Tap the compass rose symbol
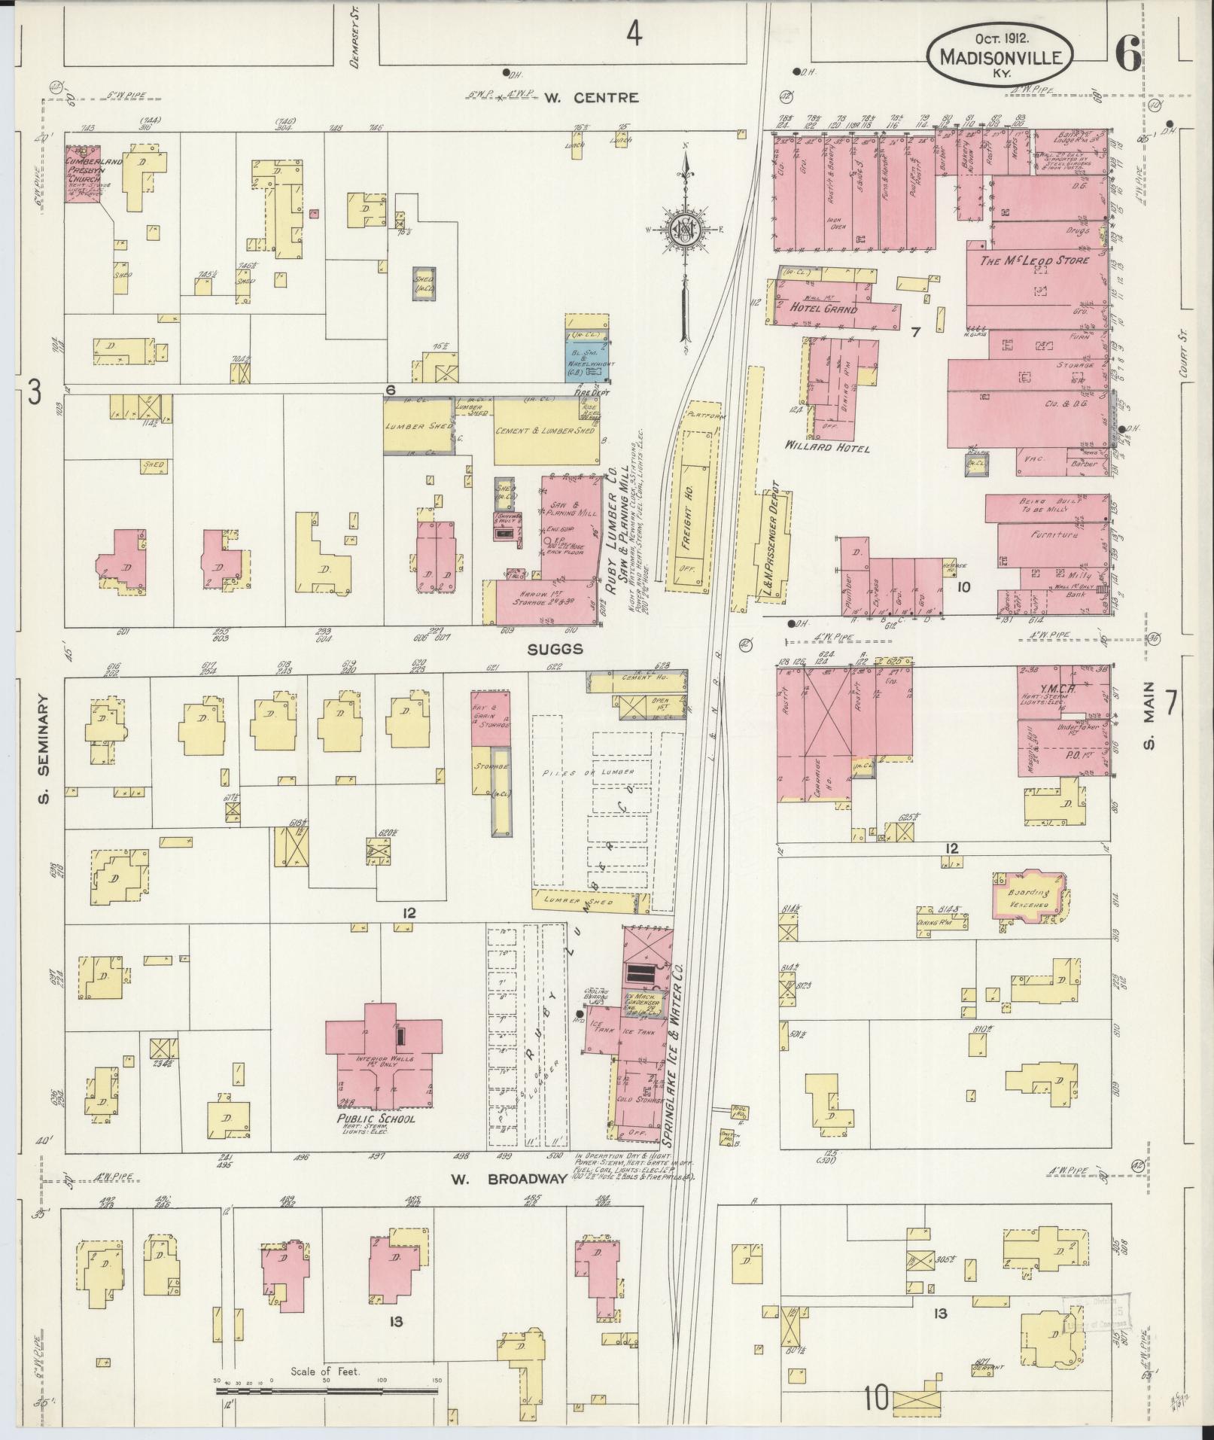pyautogui.click(x=685, y=230)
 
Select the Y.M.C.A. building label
pyautogui.click(x=1057, y=688)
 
